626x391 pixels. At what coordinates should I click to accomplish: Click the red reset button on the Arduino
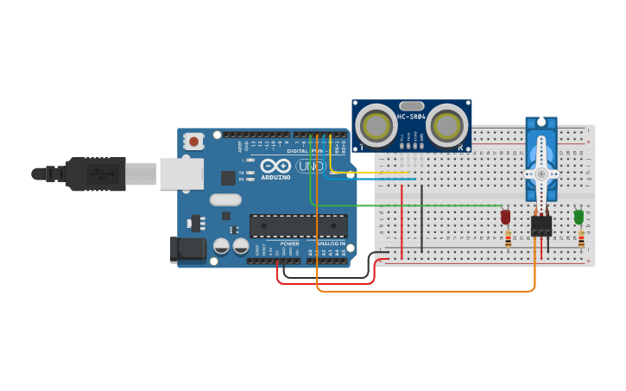click(x=194, y=141)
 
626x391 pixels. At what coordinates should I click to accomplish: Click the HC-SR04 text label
click(x=410, y=117)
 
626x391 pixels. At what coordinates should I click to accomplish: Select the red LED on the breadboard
click(x=505, y=217)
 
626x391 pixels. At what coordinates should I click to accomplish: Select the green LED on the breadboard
click(x=579, y=217)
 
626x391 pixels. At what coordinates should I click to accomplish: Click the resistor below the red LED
click(x=508, y=238)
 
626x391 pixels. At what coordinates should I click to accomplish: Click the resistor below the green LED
click(x=581, y=238)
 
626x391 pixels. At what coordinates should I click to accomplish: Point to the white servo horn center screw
click(x=541, y=173)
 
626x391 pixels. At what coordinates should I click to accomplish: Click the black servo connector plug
click(x=541, y=226)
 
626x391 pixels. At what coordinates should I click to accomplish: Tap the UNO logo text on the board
click(x=310, y=166)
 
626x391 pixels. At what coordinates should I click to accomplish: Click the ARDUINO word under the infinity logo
click(x=276, y=177)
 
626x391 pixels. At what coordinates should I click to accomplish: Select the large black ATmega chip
click(x=299, y=226)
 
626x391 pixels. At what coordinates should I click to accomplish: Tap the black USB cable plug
click(x=95, y=173)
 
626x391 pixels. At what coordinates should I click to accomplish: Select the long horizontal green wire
click(x=406, y=206)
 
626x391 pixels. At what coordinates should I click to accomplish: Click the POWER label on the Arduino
click(x=289, y=244)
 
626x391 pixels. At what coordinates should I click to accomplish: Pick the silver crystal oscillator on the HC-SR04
click(x=412, y=104)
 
